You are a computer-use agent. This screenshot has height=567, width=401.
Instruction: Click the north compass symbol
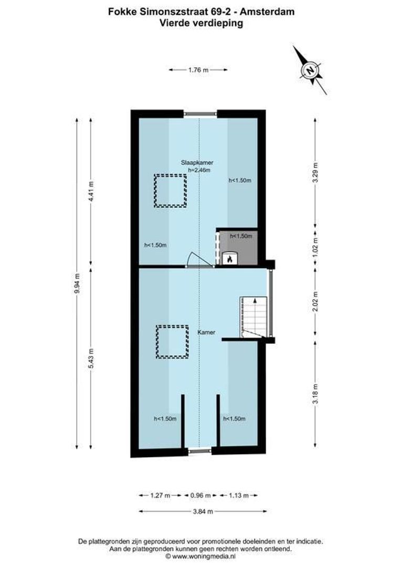pyautogui.click(x=310, y=70)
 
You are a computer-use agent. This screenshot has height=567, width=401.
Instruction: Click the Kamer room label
pyautogui.click(x=206, y=332)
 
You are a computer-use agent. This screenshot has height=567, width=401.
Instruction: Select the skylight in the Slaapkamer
pyautogui.click(x=170, y=191)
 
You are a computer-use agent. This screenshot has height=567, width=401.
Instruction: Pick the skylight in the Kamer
pyautogui.click(x=172, y=342)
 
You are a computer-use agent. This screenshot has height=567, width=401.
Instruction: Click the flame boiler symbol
pyautogui.click(x=229, y=258)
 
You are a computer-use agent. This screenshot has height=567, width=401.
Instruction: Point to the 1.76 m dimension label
pyautogui.click(x=198, y=69)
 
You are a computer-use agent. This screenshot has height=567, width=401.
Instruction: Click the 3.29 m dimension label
pyautogui.click(x=315, y=173)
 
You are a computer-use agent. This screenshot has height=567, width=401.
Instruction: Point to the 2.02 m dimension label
pyautogui.click(x=315, y=302)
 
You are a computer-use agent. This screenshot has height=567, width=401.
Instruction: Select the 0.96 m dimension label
pyautogui.click(x=200, y=495)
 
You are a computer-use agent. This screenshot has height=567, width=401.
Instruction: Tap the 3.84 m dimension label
pyautogui.click(x=202, y=511)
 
